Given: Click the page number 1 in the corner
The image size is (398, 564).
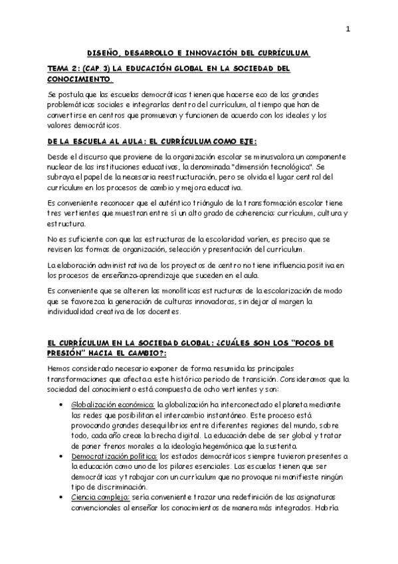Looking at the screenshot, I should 348,29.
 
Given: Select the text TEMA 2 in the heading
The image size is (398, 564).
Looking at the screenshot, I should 64,69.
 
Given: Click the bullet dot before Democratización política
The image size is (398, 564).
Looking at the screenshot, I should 61,456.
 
